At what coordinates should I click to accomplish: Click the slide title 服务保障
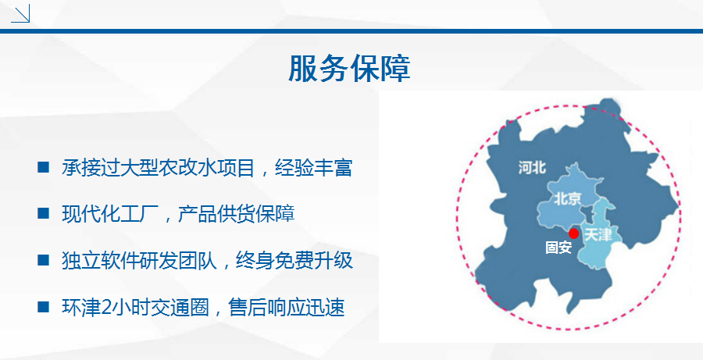(349, 69)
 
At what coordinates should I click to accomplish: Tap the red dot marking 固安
(573, 233)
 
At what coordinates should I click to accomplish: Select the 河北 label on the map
(532, 168)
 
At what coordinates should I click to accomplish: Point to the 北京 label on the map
(568, 198)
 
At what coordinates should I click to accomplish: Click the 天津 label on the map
(598, 234)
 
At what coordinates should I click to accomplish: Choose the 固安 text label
(558, 248)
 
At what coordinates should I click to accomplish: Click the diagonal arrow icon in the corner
(20, 13)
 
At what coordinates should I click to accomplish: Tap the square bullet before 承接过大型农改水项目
(44, 167)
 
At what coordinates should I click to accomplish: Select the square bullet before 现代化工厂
(44, 213)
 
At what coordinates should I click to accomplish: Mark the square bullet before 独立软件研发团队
(44, 260)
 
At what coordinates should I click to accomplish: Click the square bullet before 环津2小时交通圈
(44, 307)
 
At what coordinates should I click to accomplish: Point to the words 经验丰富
(314, 168)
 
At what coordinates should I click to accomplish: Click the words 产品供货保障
(236, 214)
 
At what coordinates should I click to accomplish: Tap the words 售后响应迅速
(287, 307)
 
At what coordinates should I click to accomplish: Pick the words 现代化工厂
(110, 214)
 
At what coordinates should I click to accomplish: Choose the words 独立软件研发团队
(140, 261)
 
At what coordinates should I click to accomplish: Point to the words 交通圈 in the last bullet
(180, 307)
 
